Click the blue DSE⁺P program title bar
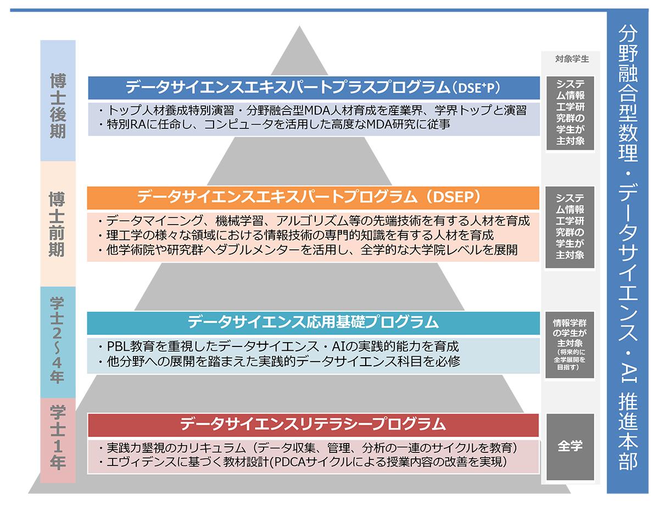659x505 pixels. (x=314, y=88)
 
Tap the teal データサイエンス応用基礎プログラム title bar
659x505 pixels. (x=314, y=322)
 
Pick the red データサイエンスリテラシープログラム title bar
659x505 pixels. (x=314, y=424)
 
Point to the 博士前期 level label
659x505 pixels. (x=58, y=223)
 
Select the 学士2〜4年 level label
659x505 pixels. (x=58, y=340)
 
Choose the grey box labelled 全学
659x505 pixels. (x=569, y=446)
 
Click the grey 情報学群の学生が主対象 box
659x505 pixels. (x=569, y=345)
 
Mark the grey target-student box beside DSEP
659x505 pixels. (x=569, y=227)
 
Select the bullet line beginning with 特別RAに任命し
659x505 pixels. (x=275, y=125)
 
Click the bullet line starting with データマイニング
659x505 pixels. (x=314, y=221)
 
